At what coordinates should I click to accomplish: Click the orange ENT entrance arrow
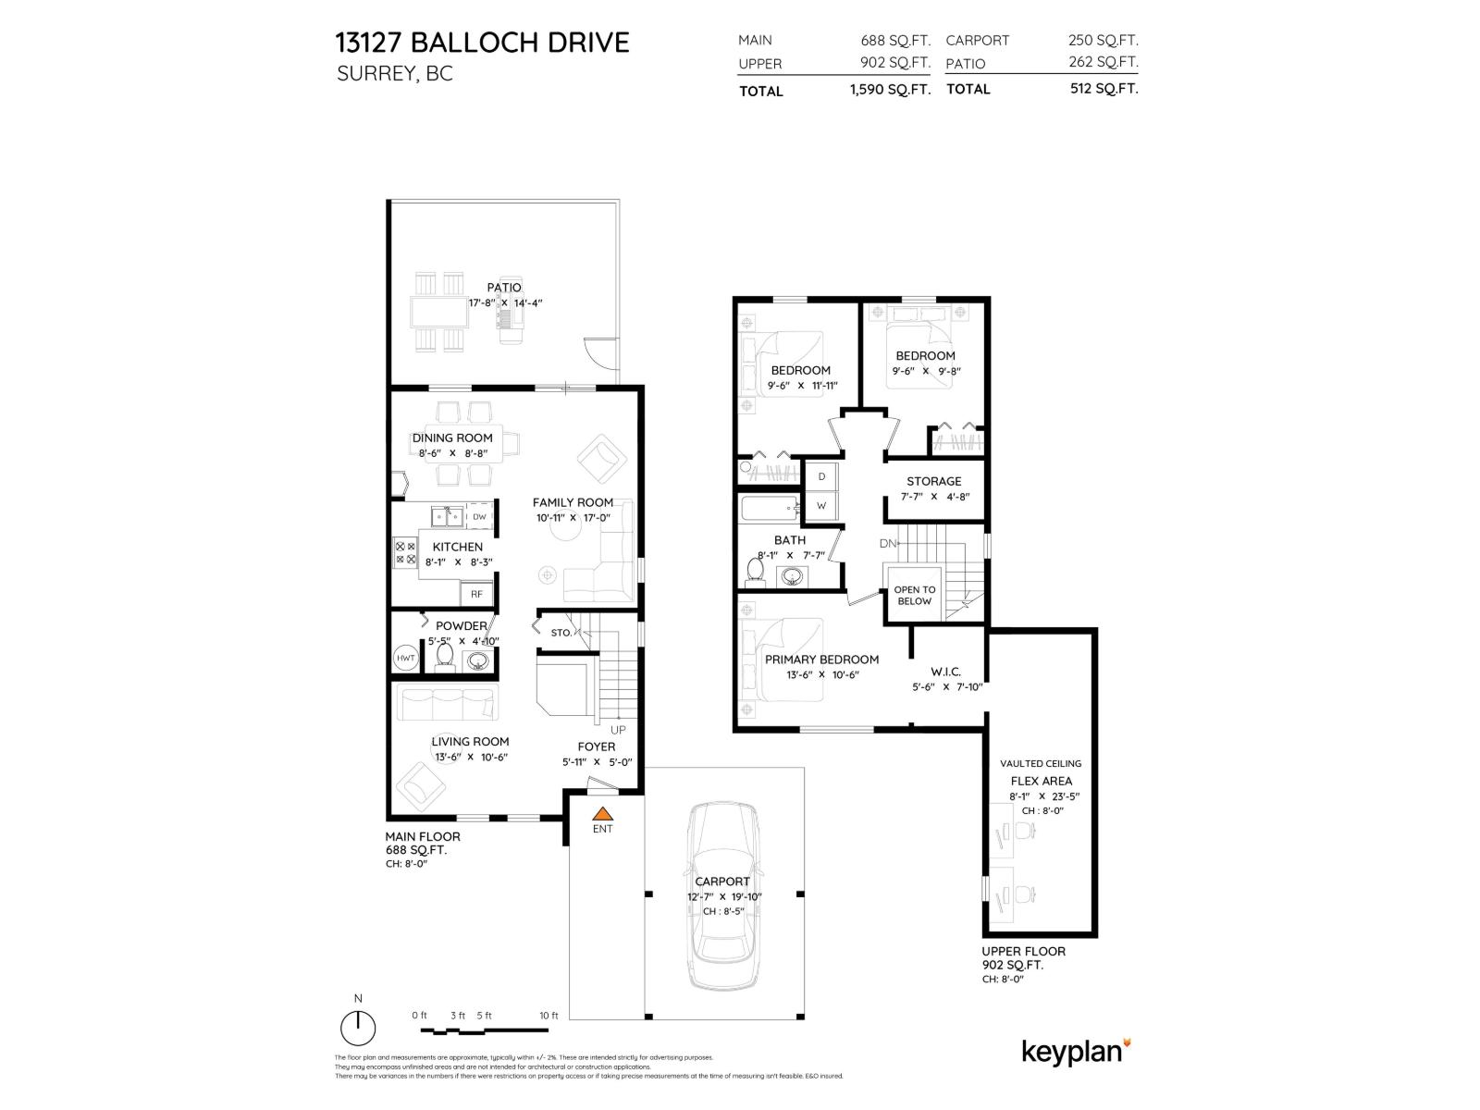tap(602, 815)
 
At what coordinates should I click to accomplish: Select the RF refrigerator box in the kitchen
tap(477, 594)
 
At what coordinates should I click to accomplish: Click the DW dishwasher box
tap(479, 517)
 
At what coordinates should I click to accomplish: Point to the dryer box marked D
tap(820, 476)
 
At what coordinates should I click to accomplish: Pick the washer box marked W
tap(820, 506)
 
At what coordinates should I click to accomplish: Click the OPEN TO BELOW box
tap(915, 595)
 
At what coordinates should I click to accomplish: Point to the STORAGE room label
tap(933, 481)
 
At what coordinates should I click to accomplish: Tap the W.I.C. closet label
tap(946, 672)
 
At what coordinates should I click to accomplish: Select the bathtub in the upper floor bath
tap(769, 507)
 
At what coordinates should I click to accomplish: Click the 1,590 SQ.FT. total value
tap(889, 90)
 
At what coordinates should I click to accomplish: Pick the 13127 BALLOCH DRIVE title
tap(482, 42)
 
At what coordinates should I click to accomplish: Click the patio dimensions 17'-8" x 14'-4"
tap(504, 302)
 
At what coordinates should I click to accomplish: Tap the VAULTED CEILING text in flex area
tap(1040, 763)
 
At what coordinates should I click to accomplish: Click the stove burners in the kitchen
tap(405, 552)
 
